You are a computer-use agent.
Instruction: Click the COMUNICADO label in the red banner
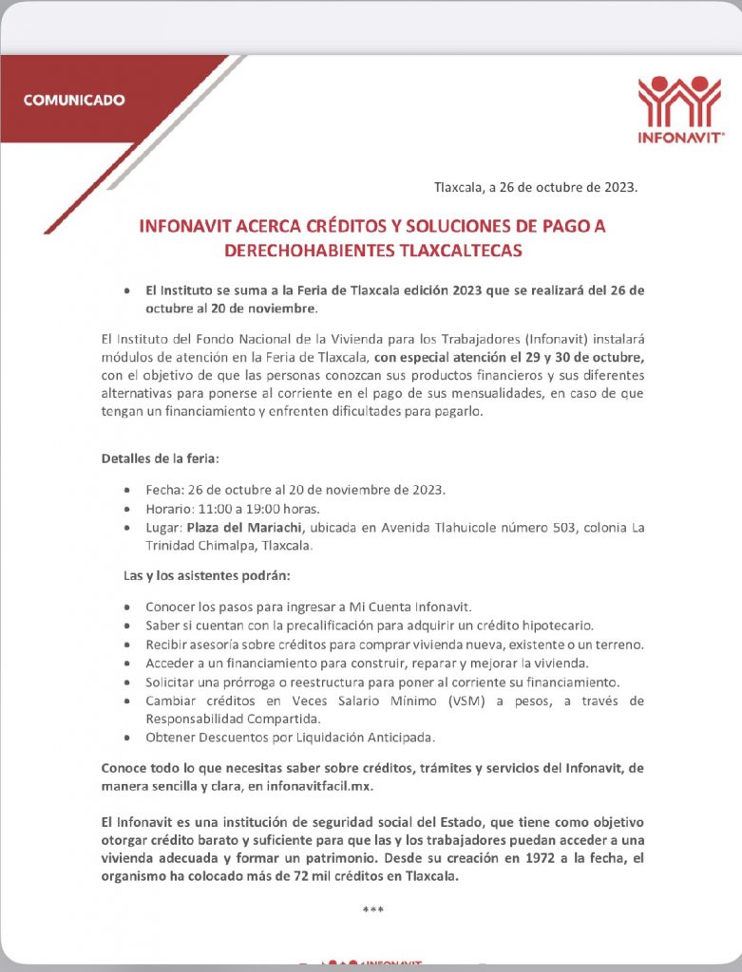pos(73,99)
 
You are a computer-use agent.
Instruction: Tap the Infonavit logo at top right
pos(679,108)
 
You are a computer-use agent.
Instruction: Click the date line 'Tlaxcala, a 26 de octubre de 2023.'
pos(536,187)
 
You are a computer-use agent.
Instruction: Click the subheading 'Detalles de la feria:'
pos(161,458)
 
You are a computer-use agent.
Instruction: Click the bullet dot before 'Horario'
pos(128,510)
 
